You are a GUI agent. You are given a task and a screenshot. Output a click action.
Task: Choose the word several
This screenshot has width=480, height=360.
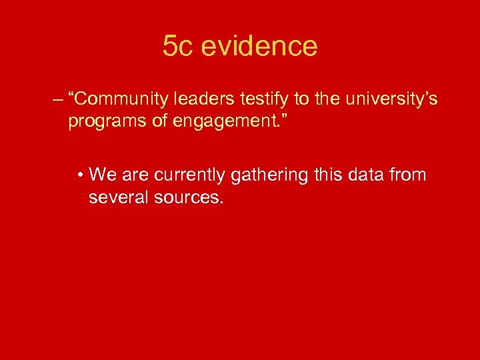(116, 197)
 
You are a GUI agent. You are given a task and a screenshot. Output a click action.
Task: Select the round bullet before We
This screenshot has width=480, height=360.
(80, 176)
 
